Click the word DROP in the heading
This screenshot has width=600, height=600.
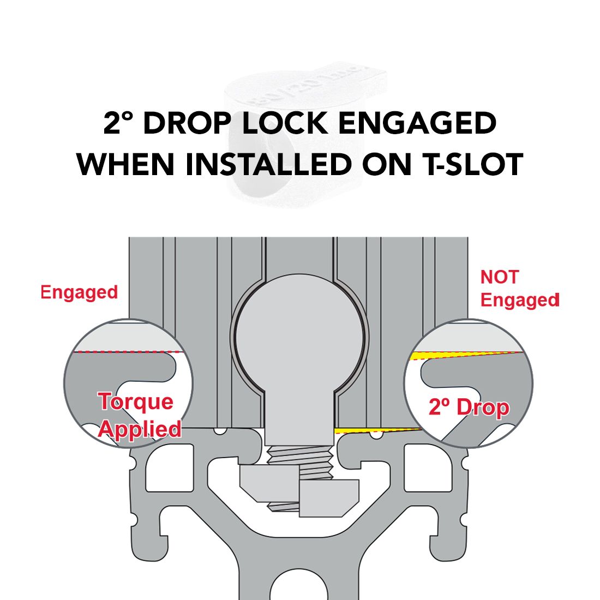click(x=187, y=123)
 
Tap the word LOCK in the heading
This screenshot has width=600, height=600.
click(x=284, y=123)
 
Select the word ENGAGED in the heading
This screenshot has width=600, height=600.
click(x=417, y=123)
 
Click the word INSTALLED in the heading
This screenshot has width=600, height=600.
click(x=269, y=164)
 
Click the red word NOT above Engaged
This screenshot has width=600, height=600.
click(x=499, y=277)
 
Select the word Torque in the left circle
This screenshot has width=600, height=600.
click(x=136, y=402)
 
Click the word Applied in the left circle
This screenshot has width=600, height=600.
click(x=140, y=429)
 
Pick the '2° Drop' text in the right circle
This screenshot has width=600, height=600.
click(x=469, y=407)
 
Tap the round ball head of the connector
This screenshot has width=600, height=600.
click(x=300, y=337)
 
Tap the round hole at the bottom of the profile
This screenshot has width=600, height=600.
click(x=299, y=585)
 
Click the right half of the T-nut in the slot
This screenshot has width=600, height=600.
click(x=329, y=498)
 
